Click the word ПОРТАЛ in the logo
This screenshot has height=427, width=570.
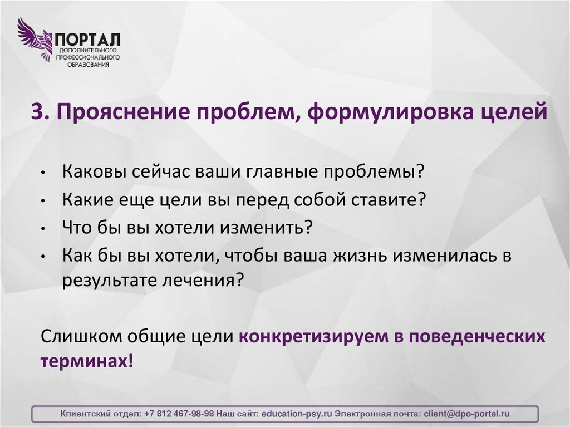click(87, 40)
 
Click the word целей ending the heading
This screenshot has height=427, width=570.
click(513, 112)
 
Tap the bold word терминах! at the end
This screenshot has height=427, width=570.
click(87, 360)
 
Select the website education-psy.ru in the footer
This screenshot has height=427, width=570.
click(297, 414)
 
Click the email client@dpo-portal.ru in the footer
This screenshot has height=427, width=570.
click(466, 414)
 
